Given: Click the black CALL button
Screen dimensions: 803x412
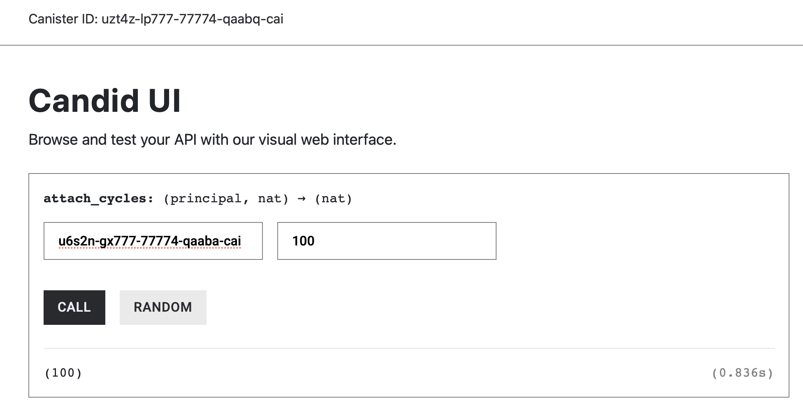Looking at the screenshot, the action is click(x=74, y=308).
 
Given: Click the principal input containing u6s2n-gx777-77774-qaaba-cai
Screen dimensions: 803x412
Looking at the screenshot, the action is click(x=153, y=241).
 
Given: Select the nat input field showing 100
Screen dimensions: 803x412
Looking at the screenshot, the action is click(x=387, y=241).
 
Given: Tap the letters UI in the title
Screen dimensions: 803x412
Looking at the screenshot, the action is click(x=164, y=101).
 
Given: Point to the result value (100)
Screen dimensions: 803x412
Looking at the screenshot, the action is click(x=63, y=373).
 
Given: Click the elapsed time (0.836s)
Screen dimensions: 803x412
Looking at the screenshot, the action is click(x=743, y=373).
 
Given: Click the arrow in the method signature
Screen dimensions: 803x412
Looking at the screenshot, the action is click(x=302, y=199).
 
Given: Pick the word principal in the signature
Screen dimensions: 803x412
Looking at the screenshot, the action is click(x=206, y=199).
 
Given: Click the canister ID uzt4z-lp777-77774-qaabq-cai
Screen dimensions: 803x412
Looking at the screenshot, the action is click(x=192, y=19).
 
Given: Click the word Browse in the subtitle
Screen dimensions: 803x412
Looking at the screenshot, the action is click(x=53, y=140).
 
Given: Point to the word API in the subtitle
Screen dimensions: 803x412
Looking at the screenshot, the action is click(x=185, y=140).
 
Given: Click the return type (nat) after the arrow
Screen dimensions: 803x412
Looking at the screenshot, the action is click(x=334, y=199).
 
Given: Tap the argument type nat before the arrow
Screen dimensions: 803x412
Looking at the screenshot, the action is click(x=269, y=199).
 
